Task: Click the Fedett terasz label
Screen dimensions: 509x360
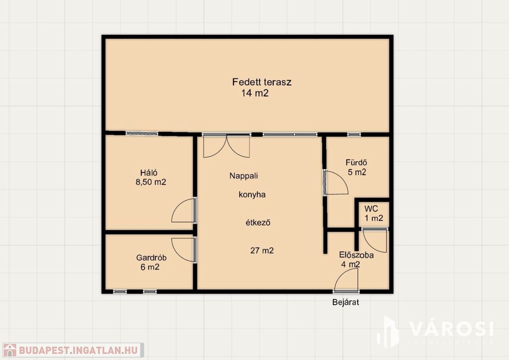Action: tap(261, 82)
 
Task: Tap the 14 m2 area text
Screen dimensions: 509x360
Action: tap(255, 93)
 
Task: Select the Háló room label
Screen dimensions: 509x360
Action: tap(149, 173)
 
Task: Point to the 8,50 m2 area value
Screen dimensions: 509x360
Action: tap(151, 182)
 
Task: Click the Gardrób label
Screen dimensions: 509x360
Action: tap(151, 258)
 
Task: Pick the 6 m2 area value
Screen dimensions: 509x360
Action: tap(150, 267)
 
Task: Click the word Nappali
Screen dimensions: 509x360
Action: tap(244, 176)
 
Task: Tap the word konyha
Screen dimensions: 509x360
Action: tap(252, 195)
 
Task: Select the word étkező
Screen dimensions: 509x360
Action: tap(258, 223)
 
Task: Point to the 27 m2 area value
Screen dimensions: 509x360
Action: tap(262, 251)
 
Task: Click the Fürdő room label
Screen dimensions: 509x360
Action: tap(356, 162)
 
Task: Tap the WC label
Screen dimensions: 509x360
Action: tap(371, 209)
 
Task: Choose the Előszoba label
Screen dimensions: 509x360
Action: tap(356, 255)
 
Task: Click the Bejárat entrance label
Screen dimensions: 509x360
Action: tap(345, 302)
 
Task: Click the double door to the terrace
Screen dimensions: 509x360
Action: tap(227, 146)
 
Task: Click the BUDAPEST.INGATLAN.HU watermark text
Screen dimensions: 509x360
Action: tap(78, 350)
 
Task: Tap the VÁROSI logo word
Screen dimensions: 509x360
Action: tap(451, 329)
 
